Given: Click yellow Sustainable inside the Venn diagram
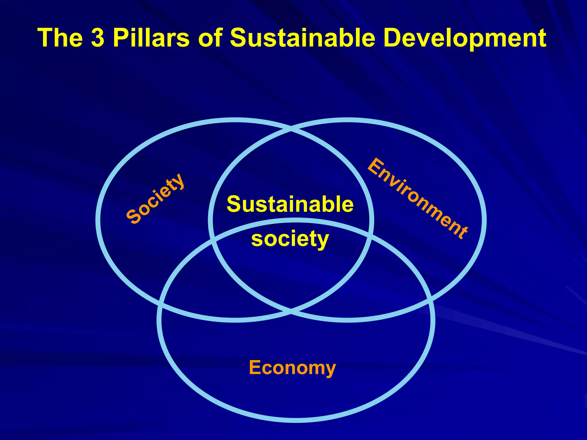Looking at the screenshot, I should [290, 204].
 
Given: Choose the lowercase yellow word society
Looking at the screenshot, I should [290, 239].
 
